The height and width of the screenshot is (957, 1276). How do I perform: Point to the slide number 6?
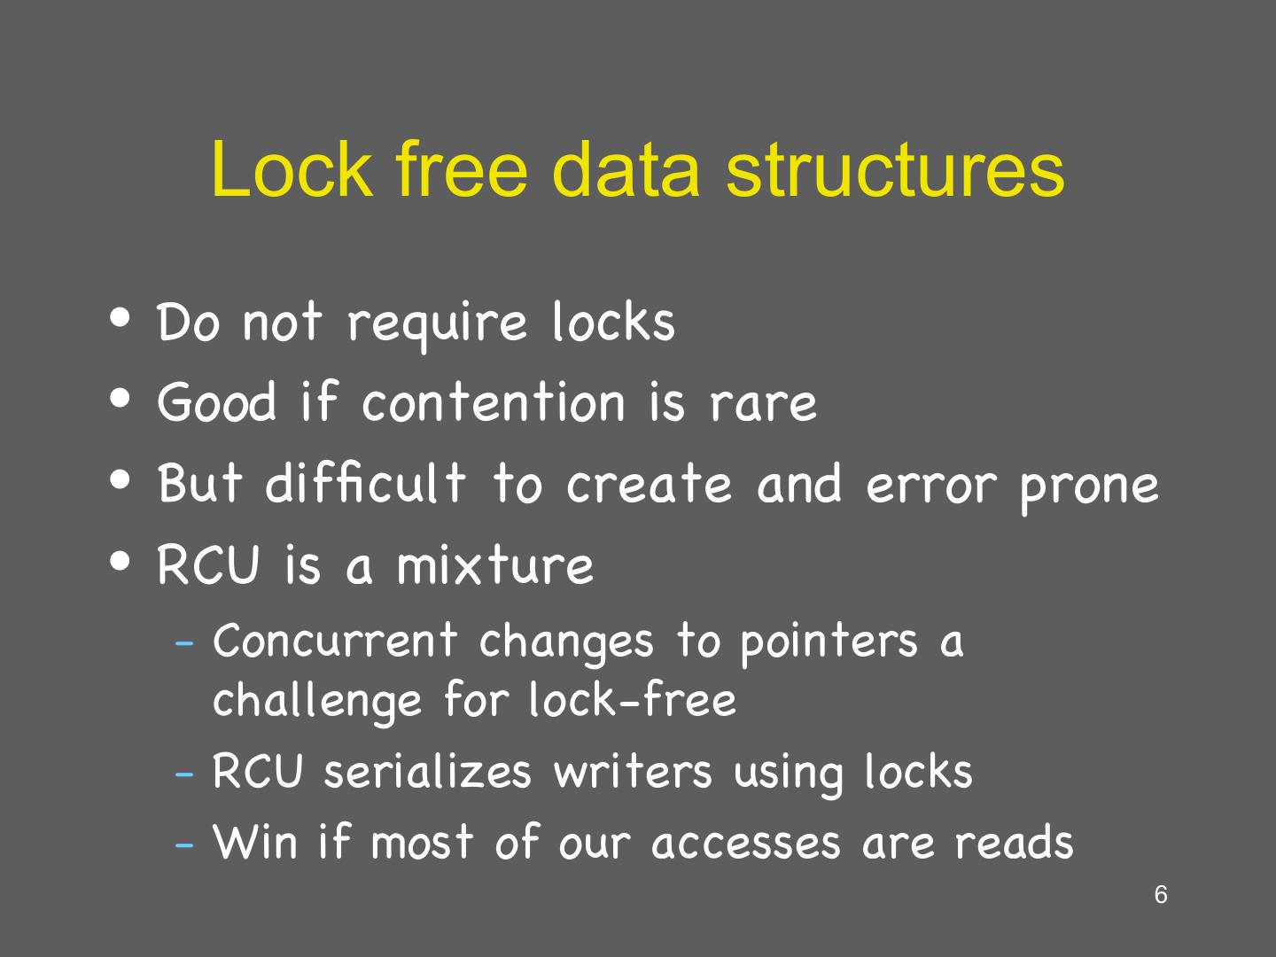1161,895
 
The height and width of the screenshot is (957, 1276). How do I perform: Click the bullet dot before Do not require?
122,317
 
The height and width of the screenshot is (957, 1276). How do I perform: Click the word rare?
763,403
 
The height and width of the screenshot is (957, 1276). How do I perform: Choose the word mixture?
494,565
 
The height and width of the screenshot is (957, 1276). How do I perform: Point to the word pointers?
829,642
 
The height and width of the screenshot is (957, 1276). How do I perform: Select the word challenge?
318,701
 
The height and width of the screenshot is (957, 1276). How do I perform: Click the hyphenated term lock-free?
633,699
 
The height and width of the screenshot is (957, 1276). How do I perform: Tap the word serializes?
427,771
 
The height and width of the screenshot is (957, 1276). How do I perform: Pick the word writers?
633,771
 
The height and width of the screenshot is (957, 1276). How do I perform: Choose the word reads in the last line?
1014,842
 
